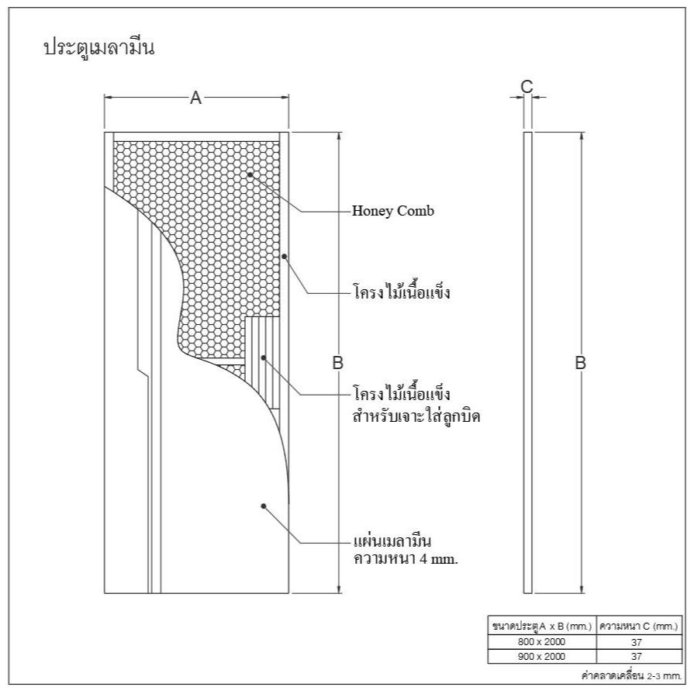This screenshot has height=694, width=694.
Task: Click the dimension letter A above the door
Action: [x=195, y=98]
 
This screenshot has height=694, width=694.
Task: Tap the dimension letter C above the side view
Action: [x=527, y=86]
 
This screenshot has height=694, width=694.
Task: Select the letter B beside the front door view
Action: [x=338, y=362]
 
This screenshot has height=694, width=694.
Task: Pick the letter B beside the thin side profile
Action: [x=580, y=362]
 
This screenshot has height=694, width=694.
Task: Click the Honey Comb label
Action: [x=392, y=211]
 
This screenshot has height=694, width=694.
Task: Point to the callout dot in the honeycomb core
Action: [x=250, y=174]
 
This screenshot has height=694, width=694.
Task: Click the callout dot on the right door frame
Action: [x=284, y=256]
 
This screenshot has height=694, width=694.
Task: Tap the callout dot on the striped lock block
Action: [x=264, y=357]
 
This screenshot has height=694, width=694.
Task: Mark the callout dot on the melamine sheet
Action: [x=264, y=506]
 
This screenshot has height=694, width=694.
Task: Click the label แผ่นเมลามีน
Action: [x=392, y=540]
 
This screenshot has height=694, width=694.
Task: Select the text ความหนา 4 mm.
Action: [x=406, y=558]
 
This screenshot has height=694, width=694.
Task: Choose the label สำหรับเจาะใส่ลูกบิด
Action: [x=416, y=416]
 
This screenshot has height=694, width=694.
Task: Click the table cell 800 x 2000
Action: [x=541, y=642]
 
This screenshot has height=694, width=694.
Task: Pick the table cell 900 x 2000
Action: [x=541, y=656]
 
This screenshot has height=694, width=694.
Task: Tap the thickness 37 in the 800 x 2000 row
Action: [x=637, y=642]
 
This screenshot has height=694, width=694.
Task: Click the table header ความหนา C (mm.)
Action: [x=639, y=627]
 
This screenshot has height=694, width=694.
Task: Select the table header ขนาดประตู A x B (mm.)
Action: [x=542, y=627]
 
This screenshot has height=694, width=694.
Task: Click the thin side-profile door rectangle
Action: [x=527, y=362]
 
